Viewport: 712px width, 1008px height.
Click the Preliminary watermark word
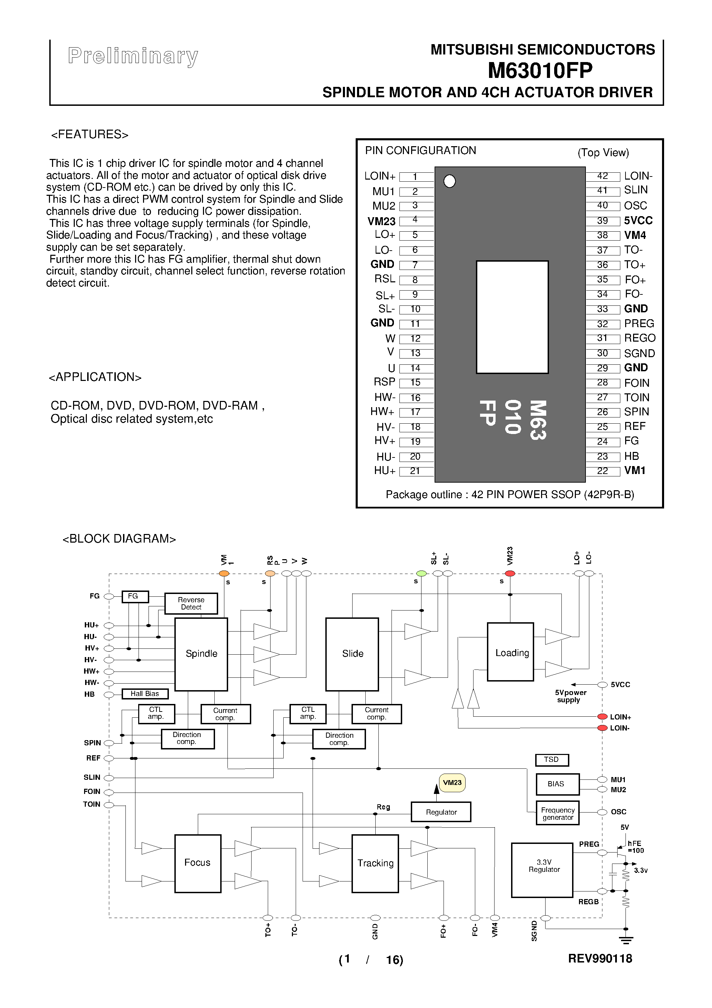click(133, 56)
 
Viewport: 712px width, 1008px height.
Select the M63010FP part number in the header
click(540, 71)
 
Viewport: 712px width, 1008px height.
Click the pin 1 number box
click(415, 177)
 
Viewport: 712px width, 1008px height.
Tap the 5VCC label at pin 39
click(638, 220)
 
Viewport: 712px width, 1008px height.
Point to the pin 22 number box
click(602, 471)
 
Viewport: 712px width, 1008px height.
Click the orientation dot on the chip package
click(449, 181)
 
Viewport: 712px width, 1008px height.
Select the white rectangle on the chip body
click(512, 317)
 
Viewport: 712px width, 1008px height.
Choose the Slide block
click(352, 654)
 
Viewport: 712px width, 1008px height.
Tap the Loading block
click(510, 652)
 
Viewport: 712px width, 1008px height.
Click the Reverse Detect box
click(191, 603)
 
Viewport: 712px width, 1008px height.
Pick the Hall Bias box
click(145, 694)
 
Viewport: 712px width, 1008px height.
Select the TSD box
click(551, 759)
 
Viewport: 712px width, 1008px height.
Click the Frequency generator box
click(558, 814)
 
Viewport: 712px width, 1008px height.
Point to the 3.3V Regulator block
click(542, 870)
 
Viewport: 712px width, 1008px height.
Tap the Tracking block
click(375, 863)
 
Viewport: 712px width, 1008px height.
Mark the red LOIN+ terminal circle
click(602, 717)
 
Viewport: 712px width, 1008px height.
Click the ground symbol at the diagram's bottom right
click(626, 940)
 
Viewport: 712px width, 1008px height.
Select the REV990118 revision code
click(600, 959)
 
